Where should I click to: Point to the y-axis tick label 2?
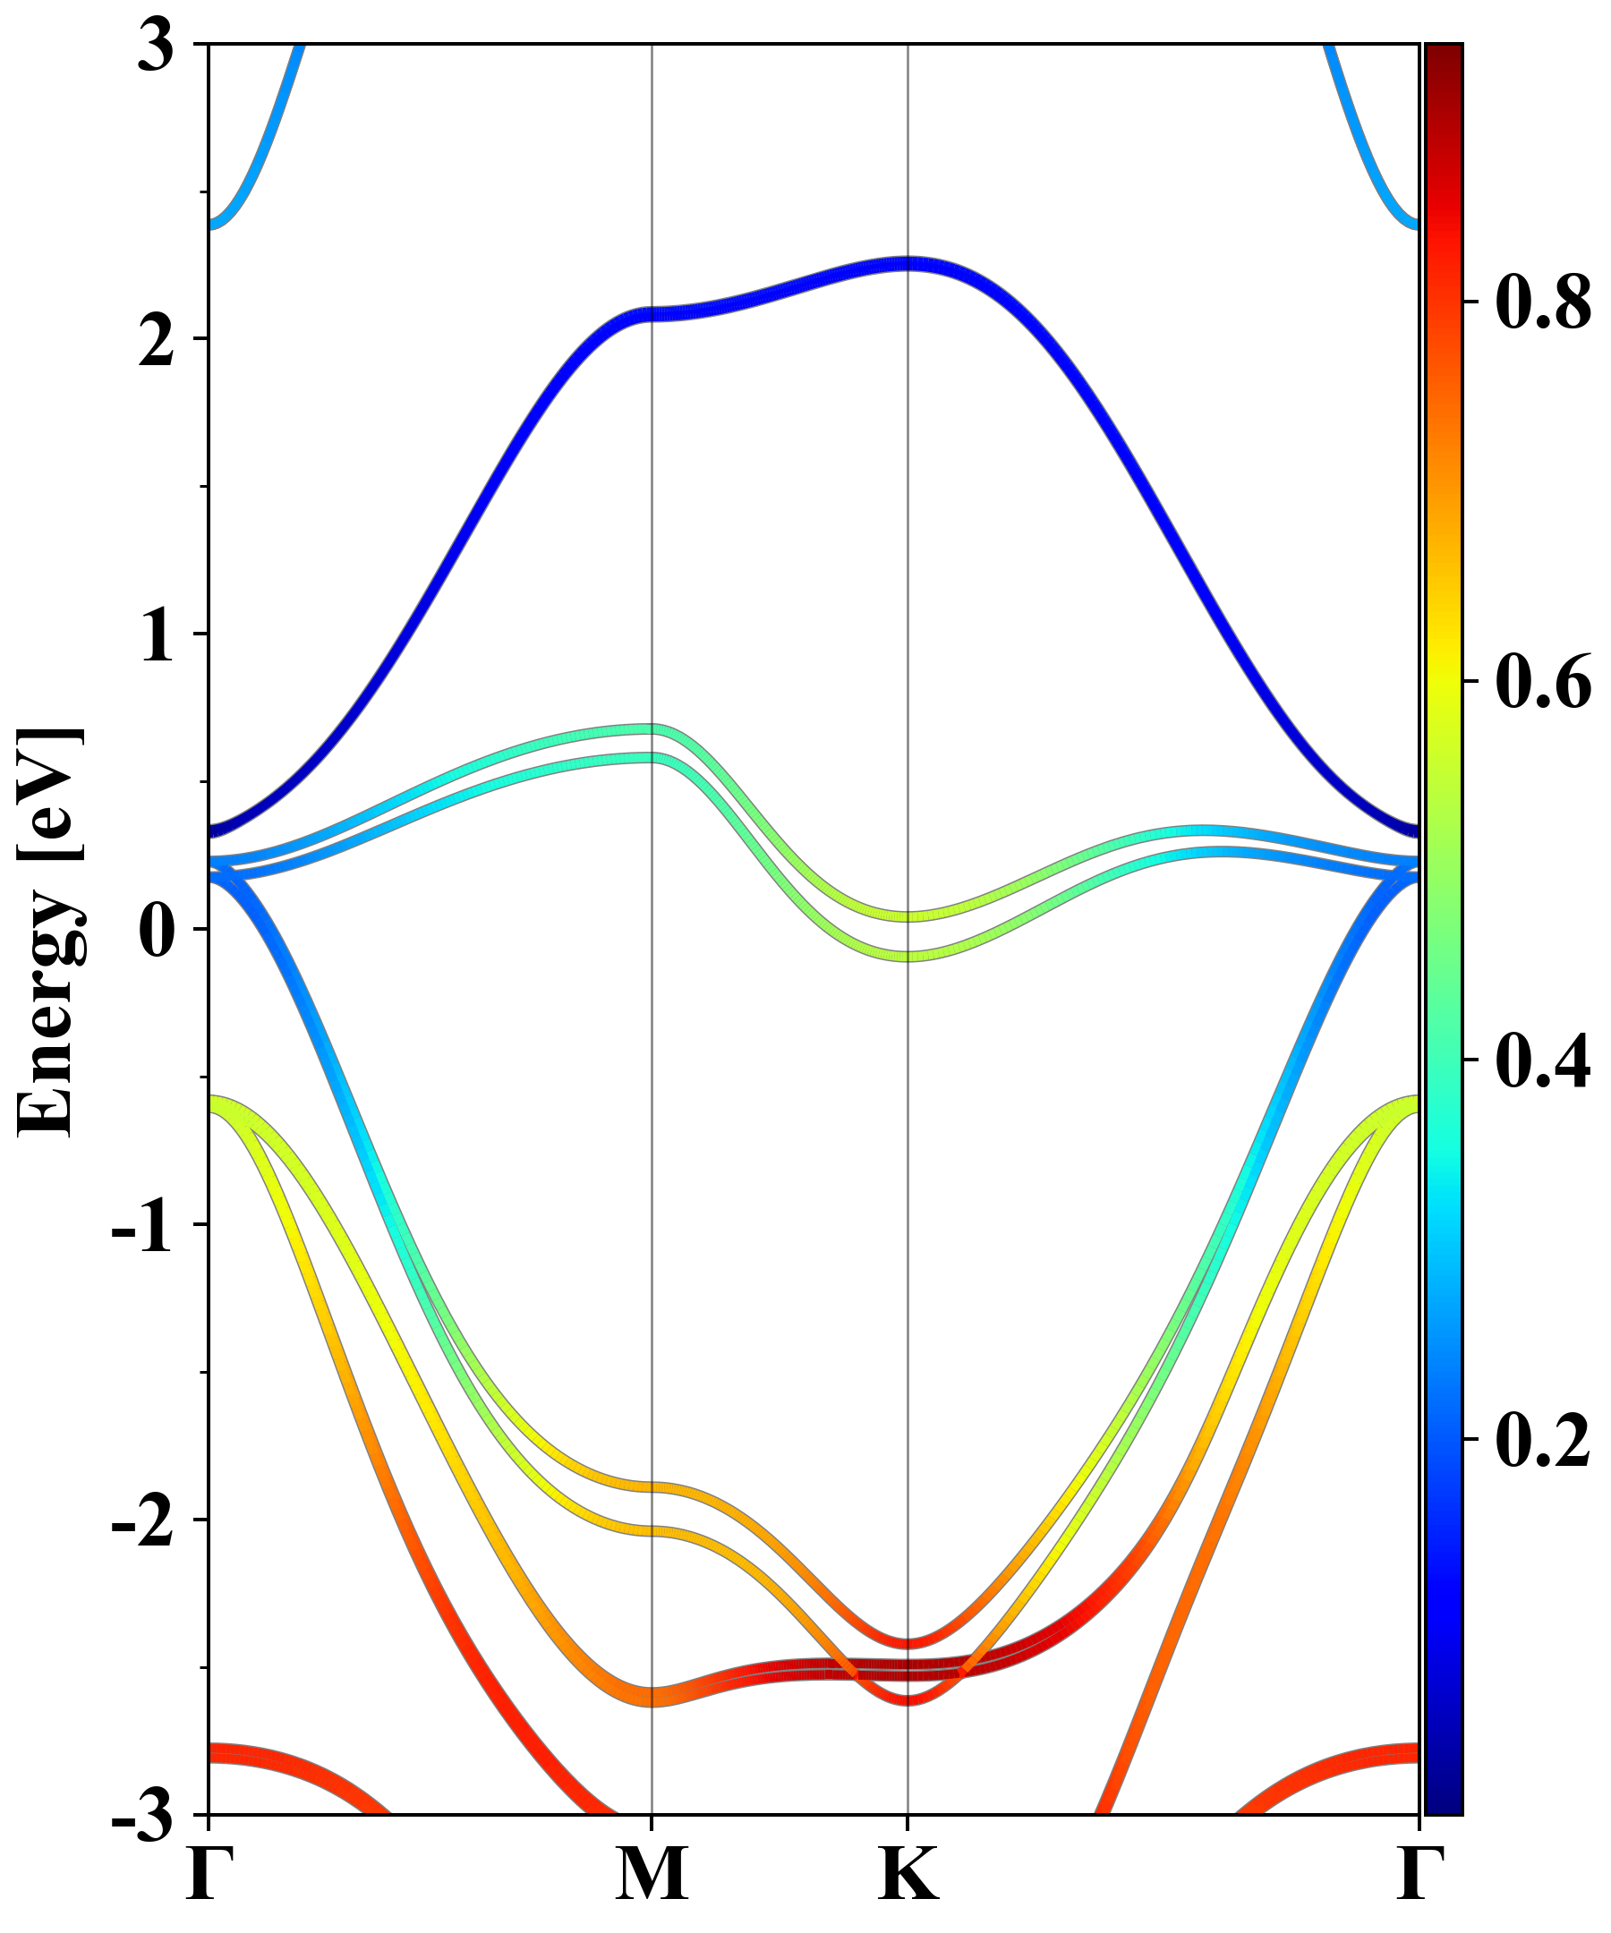point(156,344)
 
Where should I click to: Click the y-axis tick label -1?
point(141,1227)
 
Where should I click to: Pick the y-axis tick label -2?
point(141,1522)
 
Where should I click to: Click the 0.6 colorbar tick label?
point(1543,682)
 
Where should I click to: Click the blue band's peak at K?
point(908,264)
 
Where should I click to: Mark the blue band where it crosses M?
point(652,314)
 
